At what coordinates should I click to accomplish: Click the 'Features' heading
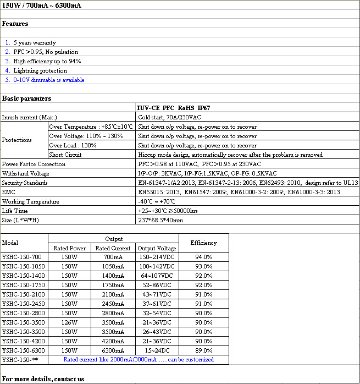click(15, 24)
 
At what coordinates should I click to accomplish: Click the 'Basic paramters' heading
click(27, 98)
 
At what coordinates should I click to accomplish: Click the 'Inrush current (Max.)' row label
click(30, 117)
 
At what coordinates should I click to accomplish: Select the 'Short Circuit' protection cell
click(65, 155)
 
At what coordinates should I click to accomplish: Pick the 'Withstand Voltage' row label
click(25, 173)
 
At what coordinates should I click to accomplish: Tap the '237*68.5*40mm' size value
click(160, 220)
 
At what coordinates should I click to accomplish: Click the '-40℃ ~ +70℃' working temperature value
click(159, 201)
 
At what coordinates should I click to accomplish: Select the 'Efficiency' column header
click(203, 243)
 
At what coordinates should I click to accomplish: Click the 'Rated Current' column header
click(113, 248)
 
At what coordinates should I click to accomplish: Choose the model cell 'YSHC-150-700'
click(22, 257)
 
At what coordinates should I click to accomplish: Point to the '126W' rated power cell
click(69, 322)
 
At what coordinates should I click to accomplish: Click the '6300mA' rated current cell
click(113, 350)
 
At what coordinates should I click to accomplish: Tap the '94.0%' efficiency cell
click(203, 257)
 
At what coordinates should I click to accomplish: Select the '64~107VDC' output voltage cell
click(157, 276)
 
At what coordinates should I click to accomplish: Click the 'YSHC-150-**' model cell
click(20, 360)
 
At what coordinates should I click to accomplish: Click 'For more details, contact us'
click(43, 379)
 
